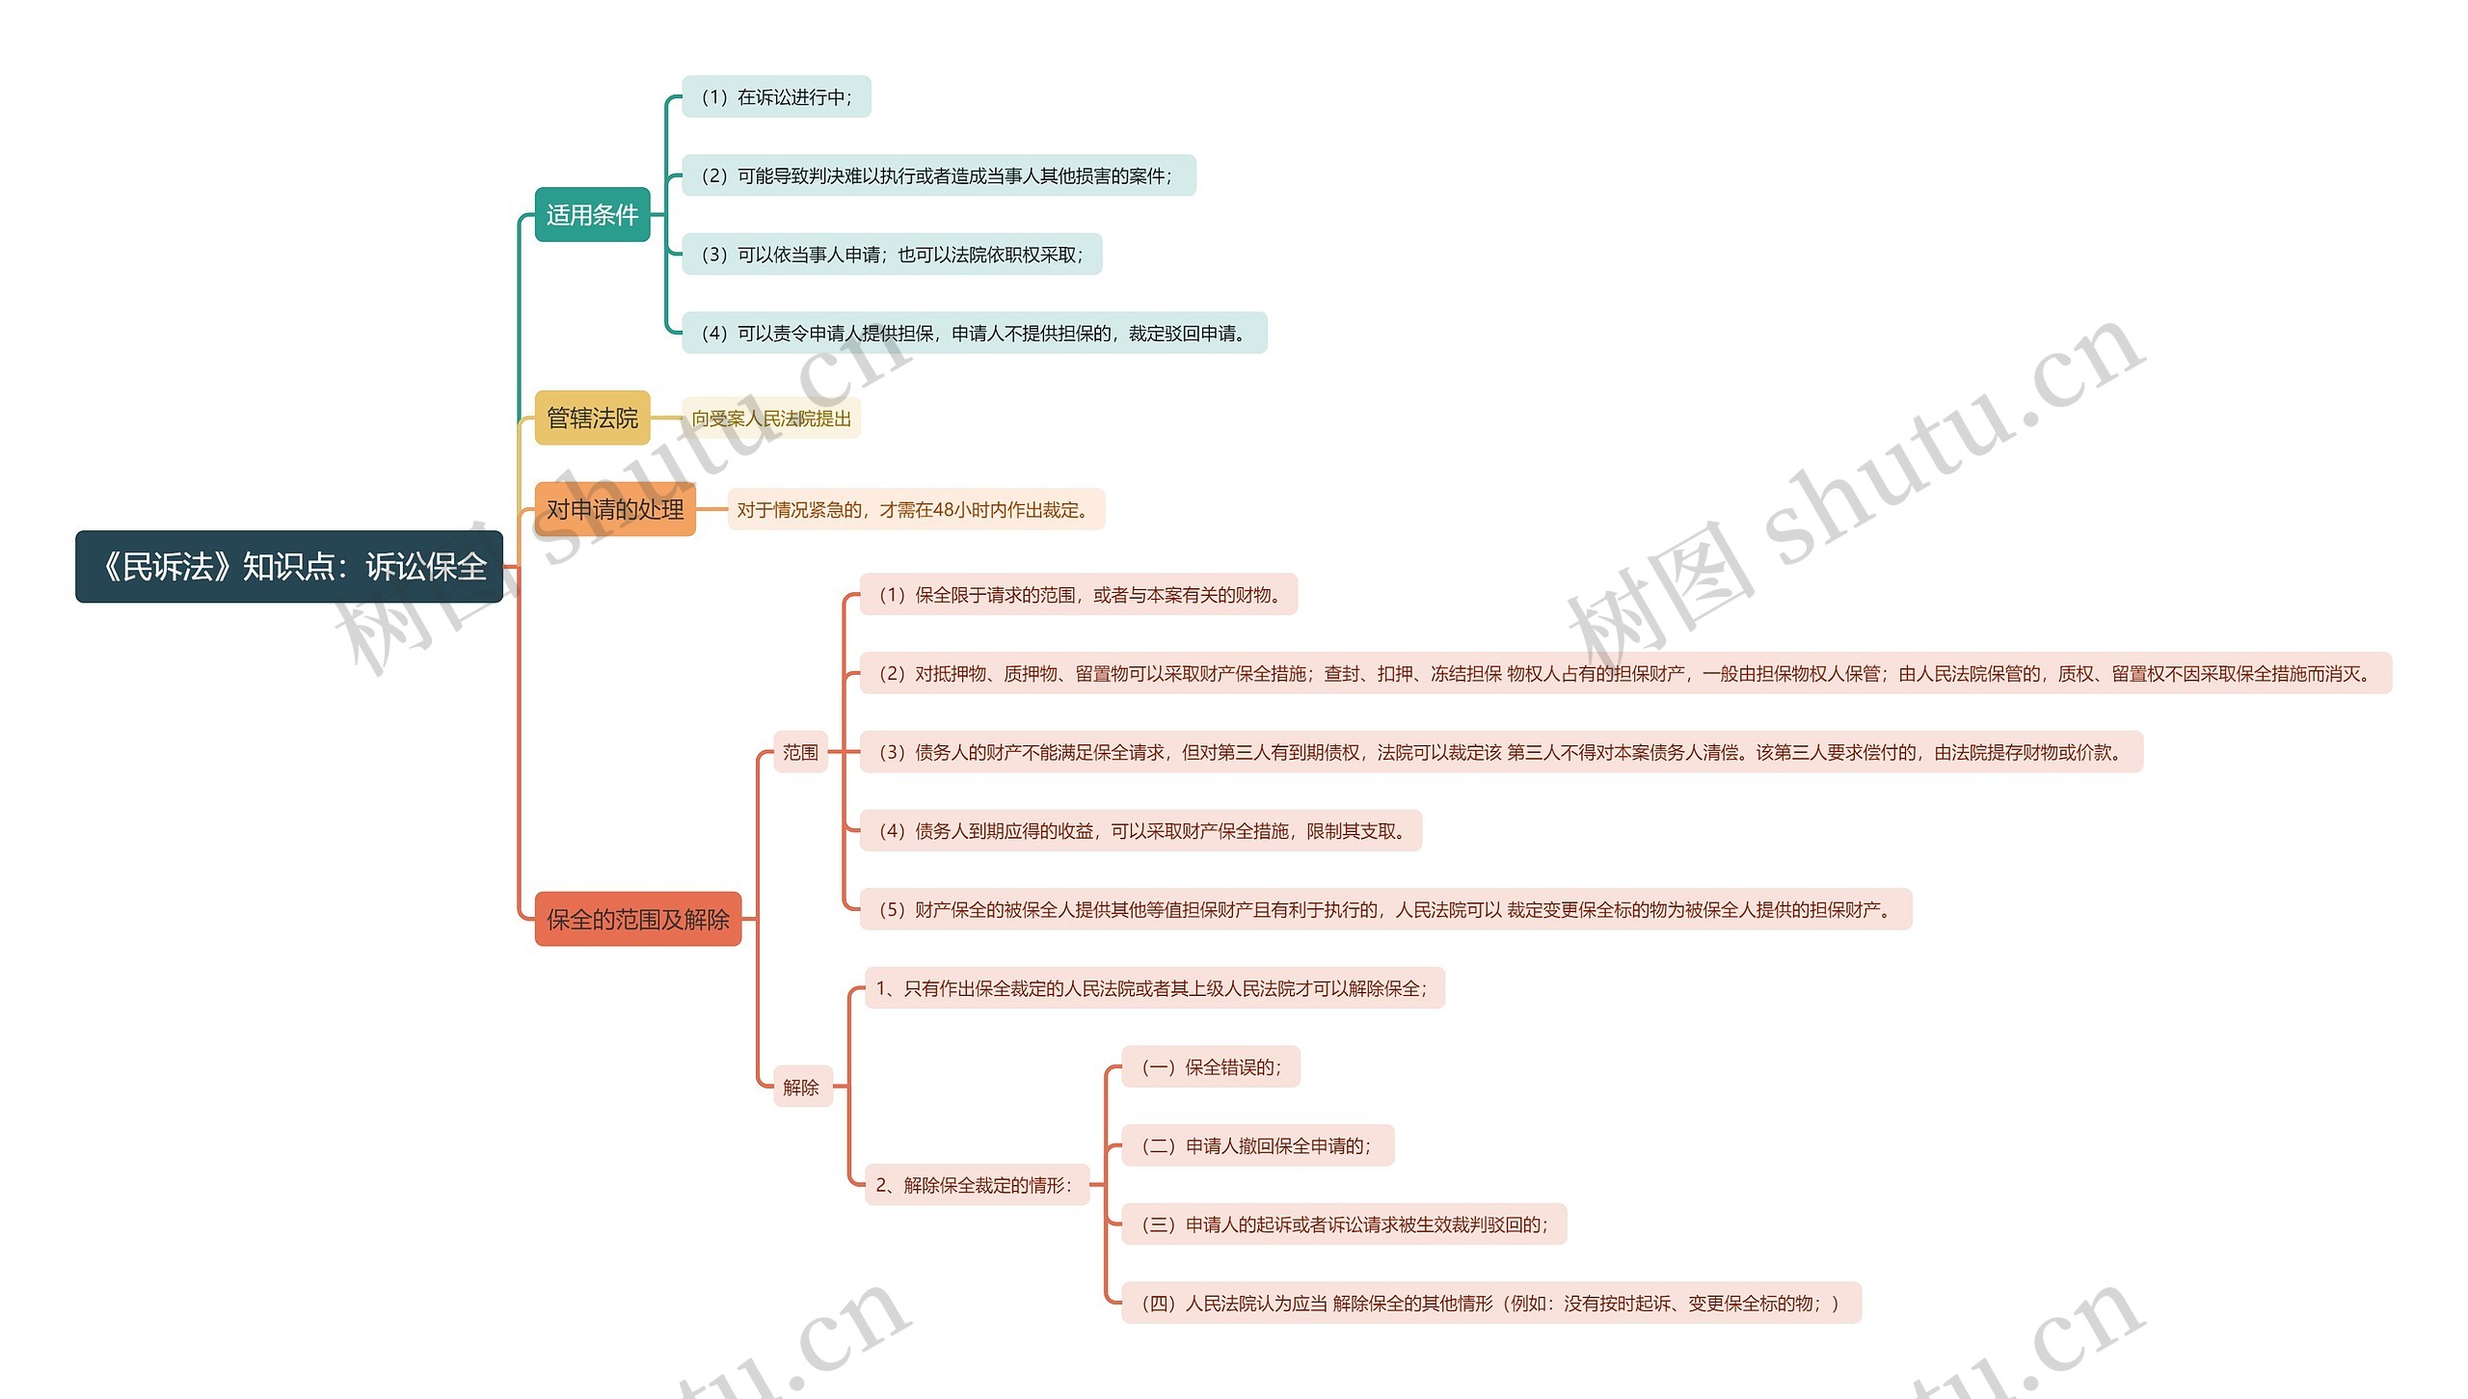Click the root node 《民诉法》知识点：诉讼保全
(x=289, y=567)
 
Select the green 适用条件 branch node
(x=592, y=215)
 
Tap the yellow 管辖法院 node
(x=592, y=418)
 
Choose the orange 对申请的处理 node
(x=615, y=509)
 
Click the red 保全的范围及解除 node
(x=637, y=920)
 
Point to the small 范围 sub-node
(x=800, y=752)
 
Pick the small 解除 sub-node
(x=801, y=1088)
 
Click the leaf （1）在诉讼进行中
(x=776, y=97)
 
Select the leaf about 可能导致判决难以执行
(x=938, y=176)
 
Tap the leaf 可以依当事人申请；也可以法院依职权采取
(x=892, y=255)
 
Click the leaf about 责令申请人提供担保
(x=974, y=334)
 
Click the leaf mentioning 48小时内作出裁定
(x=915, y=510)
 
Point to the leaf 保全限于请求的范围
(x=1078, y=595)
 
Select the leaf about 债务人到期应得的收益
(x=1140, y=831)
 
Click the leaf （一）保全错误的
(x=1211, y=1067)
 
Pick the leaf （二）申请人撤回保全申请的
(x=1257, y=1146)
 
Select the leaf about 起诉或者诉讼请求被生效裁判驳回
(x=1344, y=1224)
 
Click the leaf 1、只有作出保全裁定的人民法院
(x=1154, y=988)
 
